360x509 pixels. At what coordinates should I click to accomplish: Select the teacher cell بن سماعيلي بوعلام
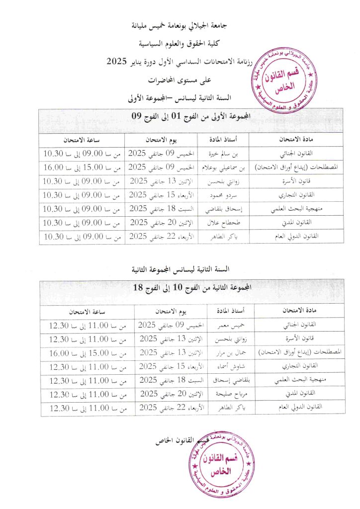pyautogui.click(x=223, y=167)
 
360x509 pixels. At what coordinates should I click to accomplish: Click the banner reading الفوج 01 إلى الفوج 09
pyautogui.click(x=191, y=117)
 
